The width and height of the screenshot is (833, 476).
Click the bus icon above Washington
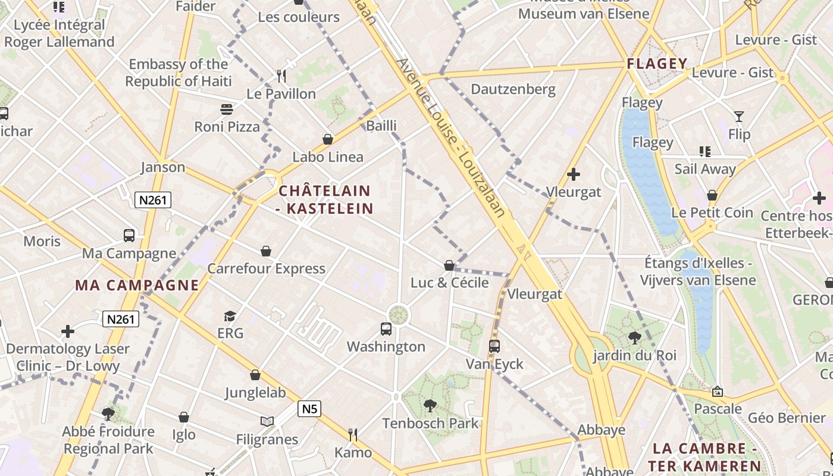point(386,328)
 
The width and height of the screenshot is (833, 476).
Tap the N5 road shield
point(309,409)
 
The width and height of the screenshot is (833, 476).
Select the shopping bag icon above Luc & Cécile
point(449,265)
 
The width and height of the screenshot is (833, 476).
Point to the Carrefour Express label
point(266,268)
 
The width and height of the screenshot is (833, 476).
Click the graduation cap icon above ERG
point(230,316)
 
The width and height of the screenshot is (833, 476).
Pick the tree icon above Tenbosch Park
point(430,406)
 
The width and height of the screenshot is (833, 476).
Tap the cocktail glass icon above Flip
point(739,117)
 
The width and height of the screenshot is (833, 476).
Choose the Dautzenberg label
point(513,90)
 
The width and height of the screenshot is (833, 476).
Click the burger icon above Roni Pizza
point(227,109)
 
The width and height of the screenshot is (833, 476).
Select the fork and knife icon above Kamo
point(353,435)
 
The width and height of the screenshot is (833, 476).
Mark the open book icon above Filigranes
point(267,422)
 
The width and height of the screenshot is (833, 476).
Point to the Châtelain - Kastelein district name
point(325,200)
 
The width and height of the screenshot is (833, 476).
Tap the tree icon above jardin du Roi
point(634,338)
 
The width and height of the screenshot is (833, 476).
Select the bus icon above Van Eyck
point(494,346)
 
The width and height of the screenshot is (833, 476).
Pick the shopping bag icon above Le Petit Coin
point(712,195)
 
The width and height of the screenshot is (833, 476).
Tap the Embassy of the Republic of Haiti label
point(178,73)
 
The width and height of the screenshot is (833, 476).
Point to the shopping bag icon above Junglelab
point(255,375)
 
